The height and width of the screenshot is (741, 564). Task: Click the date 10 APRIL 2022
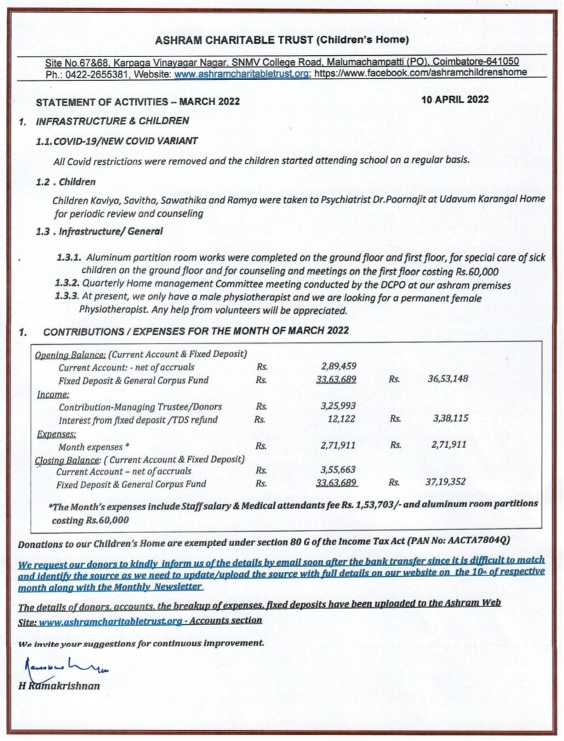coord(454,99)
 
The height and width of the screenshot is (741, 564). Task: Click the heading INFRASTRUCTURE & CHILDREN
coord(112,120)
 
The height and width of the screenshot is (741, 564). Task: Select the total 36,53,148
coord(448,379)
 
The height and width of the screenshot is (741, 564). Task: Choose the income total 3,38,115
coord(450,419)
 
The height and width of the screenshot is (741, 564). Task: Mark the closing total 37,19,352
coord(445,482)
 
